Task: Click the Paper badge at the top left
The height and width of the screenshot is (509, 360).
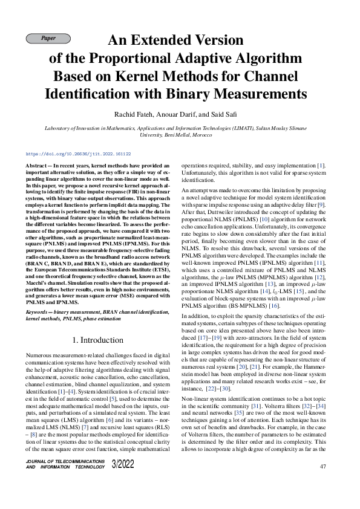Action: [x=48, y=39]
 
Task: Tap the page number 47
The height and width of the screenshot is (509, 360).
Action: [x=322, y=467]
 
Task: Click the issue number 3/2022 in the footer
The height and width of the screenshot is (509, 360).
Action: [x=123, y=464]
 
